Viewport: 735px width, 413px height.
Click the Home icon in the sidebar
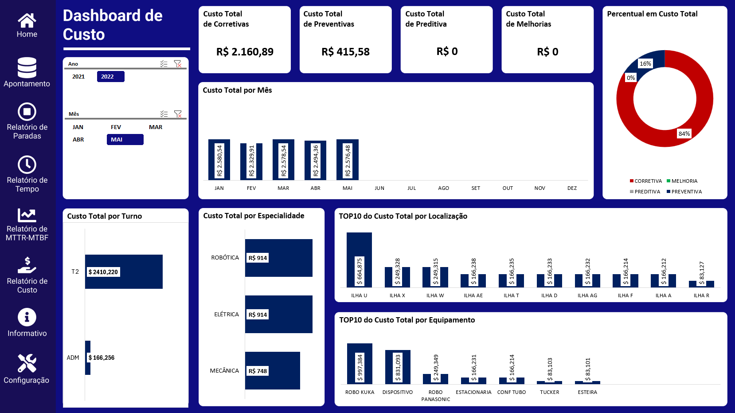tap(27, 20)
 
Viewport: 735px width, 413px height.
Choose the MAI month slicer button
tap(125, 140)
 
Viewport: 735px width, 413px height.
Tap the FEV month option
tap(116, 127)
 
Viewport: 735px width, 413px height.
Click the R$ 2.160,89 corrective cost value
tap(245, 52)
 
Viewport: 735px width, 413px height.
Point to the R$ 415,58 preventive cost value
tap(345, 52)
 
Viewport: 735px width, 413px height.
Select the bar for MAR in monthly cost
tap(283, 159)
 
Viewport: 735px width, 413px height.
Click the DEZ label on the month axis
tap(572, 188)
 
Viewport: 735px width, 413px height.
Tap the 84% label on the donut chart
tap(684, 134)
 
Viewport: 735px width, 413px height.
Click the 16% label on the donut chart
tap(645, 63)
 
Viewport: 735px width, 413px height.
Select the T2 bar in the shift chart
tap(124, 271)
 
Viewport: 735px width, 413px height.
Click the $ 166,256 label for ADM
tap(102, 358)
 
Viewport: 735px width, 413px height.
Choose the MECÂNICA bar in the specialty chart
tap(272, 370)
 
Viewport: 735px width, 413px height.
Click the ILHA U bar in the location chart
tap(359, 260)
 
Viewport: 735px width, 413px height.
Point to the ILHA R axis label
tap(701, 295)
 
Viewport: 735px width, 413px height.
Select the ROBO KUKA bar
tap(360, 363)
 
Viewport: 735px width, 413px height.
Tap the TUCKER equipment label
tap(549, 392)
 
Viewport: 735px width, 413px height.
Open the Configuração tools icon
tap(27, 363)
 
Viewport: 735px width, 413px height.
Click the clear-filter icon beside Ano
tap(178, 64)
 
